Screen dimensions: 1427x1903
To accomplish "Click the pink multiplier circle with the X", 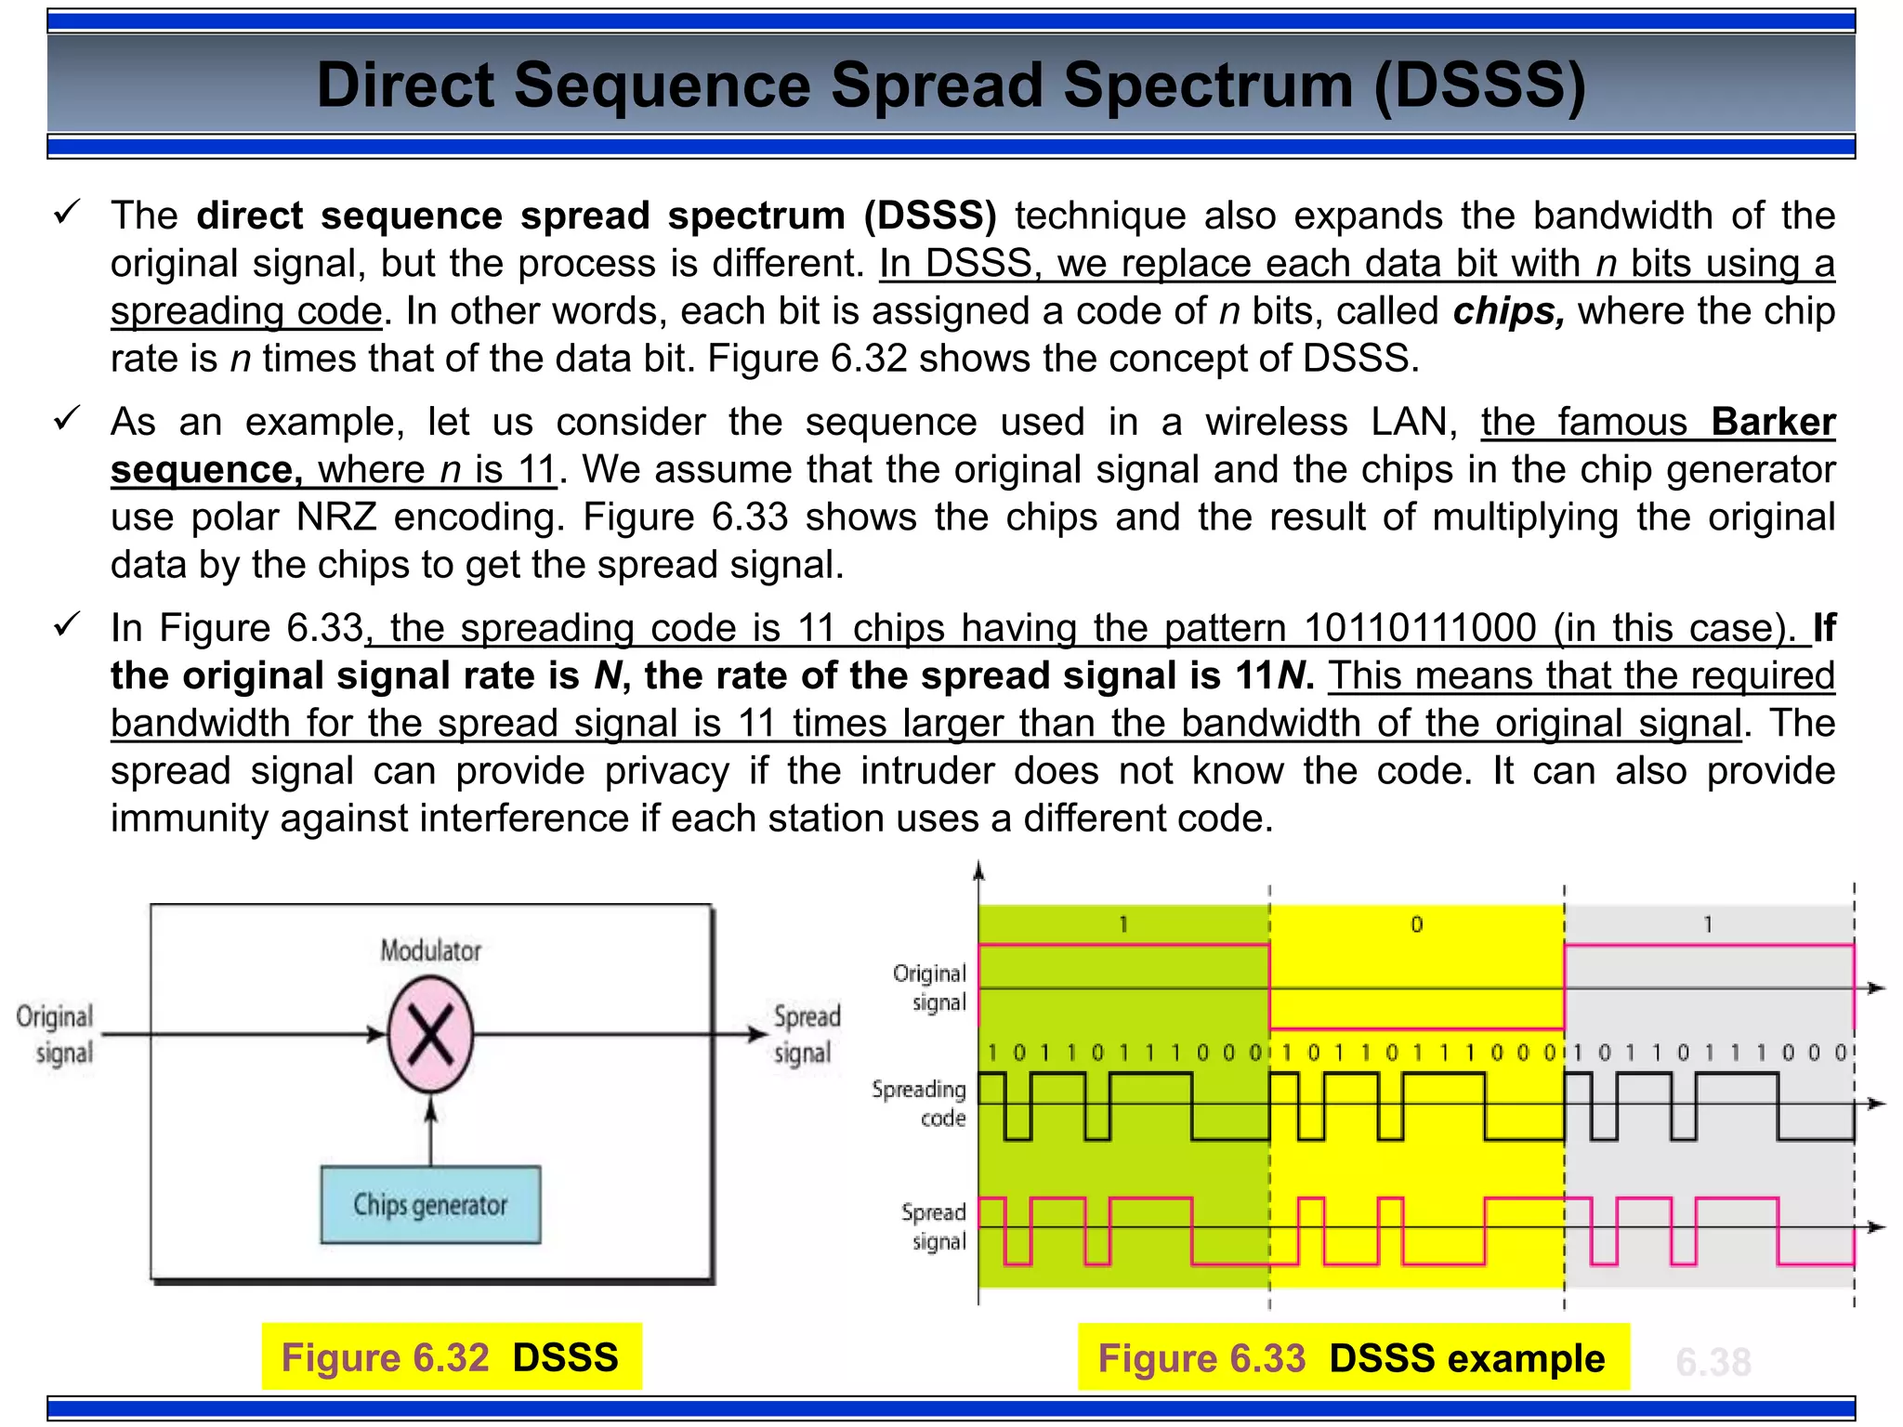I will (x=430, y=1034).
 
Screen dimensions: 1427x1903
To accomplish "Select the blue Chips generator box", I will (x=430, y=1205).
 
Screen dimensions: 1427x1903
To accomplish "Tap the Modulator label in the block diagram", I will (x=431, y=950).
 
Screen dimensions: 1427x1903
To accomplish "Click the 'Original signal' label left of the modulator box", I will (x=56, y=1035).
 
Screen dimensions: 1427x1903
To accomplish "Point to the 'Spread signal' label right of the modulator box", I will (x=807, y=1035).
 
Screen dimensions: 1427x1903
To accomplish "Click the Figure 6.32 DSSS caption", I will (x=451, y=1357).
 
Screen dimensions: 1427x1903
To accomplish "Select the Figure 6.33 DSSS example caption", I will (x=1352, y=1357).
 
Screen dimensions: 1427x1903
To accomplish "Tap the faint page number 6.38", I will (x=1713, y=1362).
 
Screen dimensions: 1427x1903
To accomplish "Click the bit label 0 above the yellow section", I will (x=1416, y=924).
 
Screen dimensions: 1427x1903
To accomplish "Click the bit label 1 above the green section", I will (x=1123, y=924).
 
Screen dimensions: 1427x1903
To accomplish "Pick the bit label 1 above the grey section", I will (x=1708, y=924).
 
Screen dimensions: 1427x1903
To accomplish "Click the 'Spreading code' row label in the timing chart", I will (x=920, y=1103).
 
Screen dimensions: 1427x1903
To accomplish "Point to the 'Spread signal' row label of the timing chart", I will (x=935, y=1226).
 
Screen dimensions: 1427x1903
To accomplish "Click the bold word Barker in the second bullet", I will (x=1773, y=422).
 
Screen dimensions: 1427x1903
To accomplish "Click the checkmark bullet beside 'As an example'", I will (x=67, y=419).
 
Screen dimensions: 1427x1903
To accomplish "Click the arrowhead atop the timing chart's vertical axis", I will (x=978, y=871).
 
